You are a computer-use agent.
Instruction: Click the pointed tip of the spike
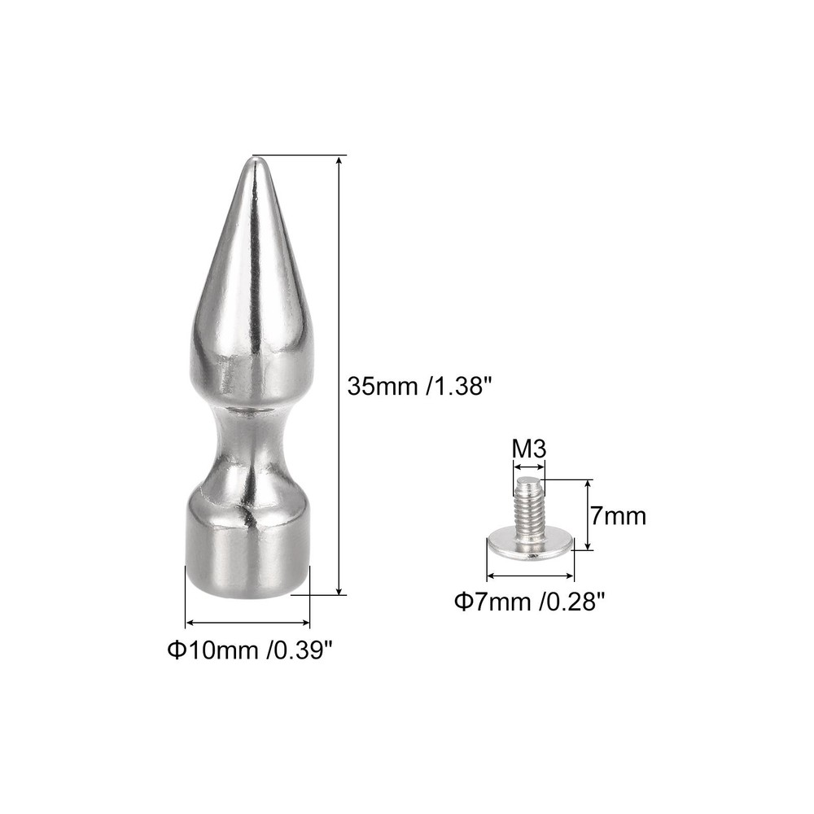(252, 163)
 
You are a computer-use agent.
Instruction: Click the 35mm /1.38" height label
(420, 385)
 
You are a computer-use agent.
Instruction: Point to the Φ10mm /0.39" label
(250, 650)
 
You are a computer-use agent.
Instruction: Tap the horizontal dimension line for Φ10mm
(248, 624)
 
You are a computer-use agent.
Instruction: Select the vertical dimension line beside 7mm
(587, 514)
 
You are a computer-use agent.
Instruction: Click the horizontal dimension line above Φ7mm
(530, 575)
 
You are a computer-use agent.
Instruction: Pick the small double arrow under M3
(528, 467)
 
